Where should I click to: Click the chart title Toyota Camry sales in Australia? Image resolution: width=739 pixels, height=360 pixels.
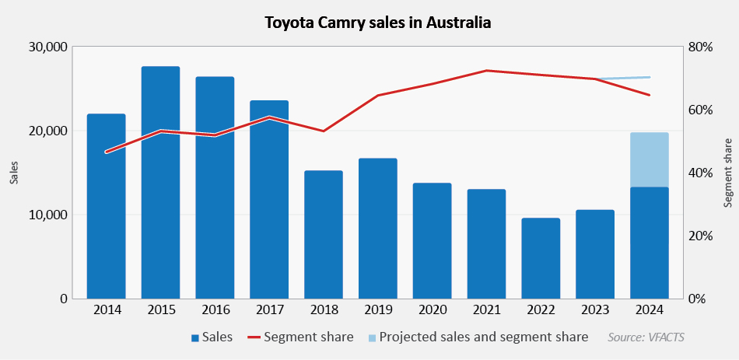point(378,22)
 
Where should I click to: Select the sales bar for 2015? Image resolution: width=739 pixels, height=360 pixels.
point(160,183)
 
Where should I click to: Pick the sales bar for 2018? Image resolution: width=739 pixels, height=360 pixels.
point(324,234)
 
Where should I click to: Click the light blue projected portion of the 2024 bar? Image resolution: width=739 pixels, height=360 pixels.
point(650,159)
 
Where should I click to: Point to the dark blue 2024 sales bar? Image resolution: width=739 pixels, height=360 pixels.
point(650,243)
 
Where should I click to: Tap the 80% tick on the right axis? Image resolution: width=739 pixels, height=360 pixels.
point(700,47)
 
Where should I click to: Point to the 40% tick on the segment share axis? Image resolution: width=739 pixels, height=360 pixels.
point(700,173)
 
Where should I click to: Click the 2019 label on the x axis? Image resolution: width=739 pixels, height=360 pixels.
point(378,310)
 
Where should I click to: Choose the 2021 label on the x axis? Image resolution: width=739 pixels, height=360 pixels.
point(486,310)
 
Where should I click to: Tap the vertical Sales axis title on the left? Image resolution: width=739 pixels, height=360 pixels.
point(13,173)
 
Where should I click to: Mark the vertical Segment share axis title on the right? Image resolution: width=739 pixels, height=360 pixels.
point(728,173)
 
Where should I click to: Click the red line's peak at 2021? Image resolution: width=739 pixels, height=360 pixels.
point(486,71)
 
